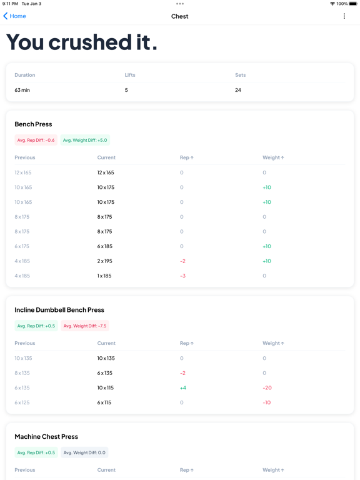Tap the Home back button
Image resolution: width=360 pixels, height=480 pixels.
coord(14,16)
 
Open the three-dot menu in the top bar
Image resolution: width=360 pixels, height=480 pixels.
coord(344,16)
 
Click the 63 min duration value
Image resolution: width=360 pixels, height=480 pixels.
coord(22,90)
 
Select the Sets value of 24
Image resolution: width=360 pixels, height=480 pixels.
coord(238,90)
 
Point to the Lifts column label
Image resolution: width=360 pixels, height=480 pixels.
coord(130,75)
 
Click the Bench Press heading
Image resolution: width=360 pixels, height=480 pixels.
coord(33,124)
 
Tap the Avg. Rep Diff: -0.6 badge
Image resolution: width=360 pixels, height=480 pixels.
coord(36,140)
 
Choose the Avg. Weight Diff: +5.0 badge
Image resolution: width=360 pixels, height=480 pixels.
coord(85,140)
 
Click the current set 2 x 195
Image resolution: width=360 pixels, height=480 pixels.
coord(105,261)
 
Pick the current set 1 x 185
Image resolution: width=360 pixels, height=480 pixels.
coord(104,276)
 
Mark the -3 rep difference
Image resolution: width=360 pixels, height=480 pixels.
coord(182,276)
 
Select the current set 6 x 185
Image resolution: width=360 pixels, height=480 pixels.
coord(105,246)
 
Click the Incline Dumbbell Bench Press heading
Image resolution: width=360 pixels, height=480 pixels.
coord(59,310)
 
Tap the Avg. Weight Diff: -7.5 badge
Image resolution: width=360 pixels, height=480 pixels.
coord(85,326)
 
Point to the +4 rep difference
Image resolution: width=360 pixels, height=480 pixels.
coord(182,388)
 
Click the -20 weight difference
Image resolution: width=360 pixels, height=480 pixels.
coord(267,388)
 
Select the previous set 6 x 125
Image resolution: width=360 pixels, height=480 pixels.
coord(22,402)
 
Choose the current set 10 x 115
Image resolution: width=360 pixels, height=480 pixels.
coord(105,388)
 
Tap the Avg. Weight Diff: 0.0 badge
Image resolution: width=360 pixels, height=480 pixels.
coord(84,452)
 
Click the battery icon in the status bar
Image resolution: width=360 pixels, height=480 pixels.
coord(353,4)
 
